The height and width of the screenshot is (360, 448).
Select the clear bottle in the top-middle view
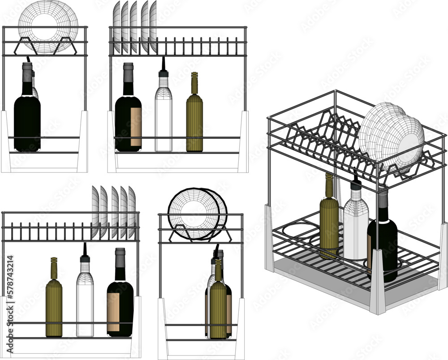pos(164,119)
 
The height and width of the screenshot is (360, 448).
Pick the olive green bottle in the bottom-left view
pos(54,304)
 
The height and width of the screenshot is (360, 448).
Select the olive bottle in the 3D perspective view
pos(329,219)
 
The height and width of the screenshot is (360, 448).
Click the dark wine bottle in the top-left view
pos(27,116)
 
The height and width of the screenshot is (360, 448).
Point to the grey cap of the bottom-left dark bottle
pos(120,255)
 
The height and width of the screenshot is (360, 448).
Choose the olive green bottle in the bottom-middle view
pos(218,304)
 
